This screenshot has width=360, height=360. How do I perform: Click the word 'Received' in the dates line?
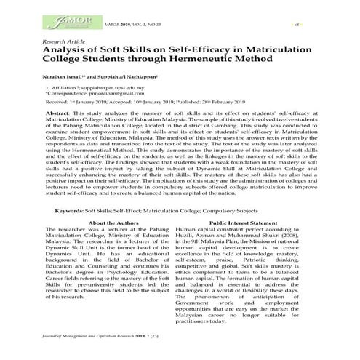(57, 124)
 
